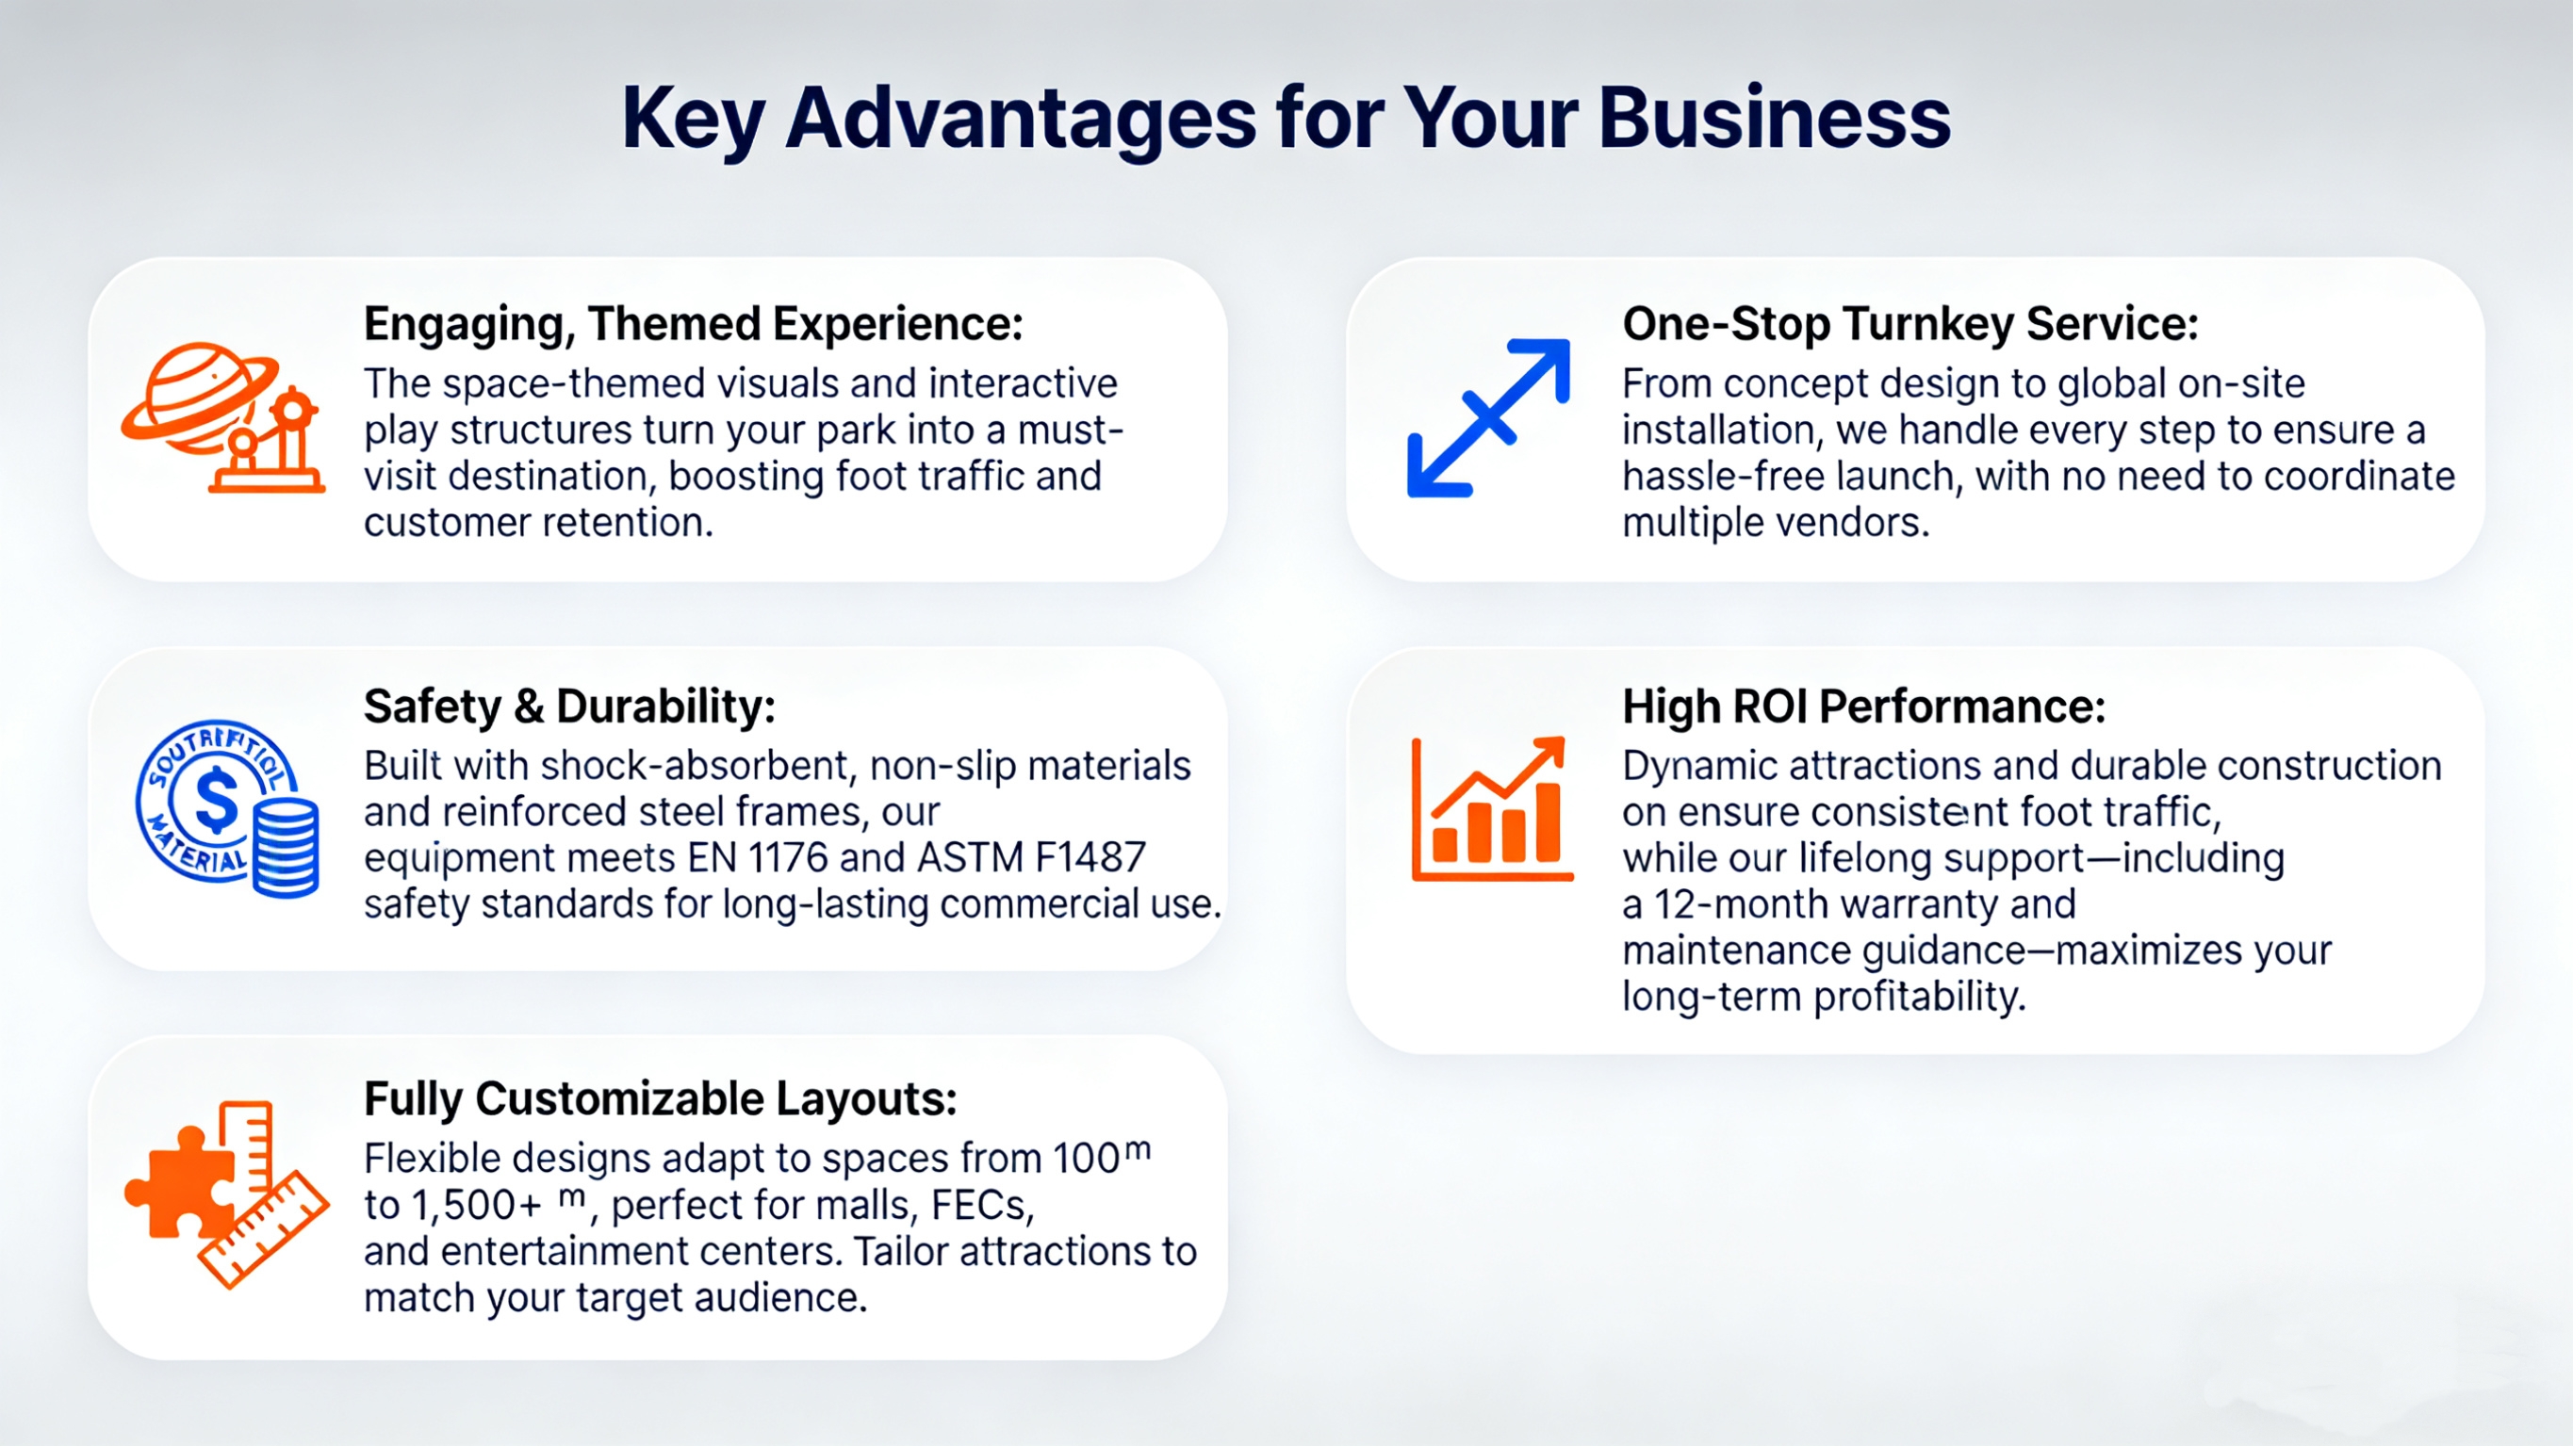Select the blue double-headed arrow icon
pos(1488,417)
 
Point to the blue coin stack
pos(286,847)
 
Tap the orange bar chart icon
pos(1492,810)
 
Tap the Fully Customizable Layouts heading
pos(661,1099)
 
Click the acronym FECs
pos(982,1207)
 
